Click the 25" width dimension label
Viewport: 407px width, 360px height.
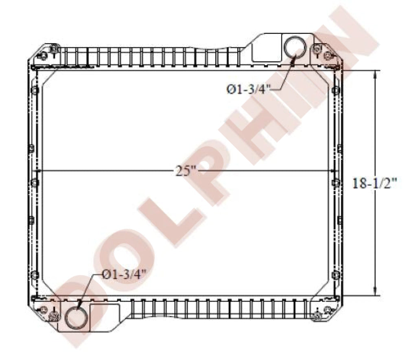coord(186,171)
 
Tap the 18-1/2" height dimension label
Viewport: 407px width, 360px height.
coord(374,183)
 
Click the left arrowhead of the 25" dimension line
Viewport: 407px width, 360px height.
coord(39,171)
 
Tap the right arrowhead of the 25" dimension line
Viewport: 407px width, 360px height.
coord(332,171)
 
